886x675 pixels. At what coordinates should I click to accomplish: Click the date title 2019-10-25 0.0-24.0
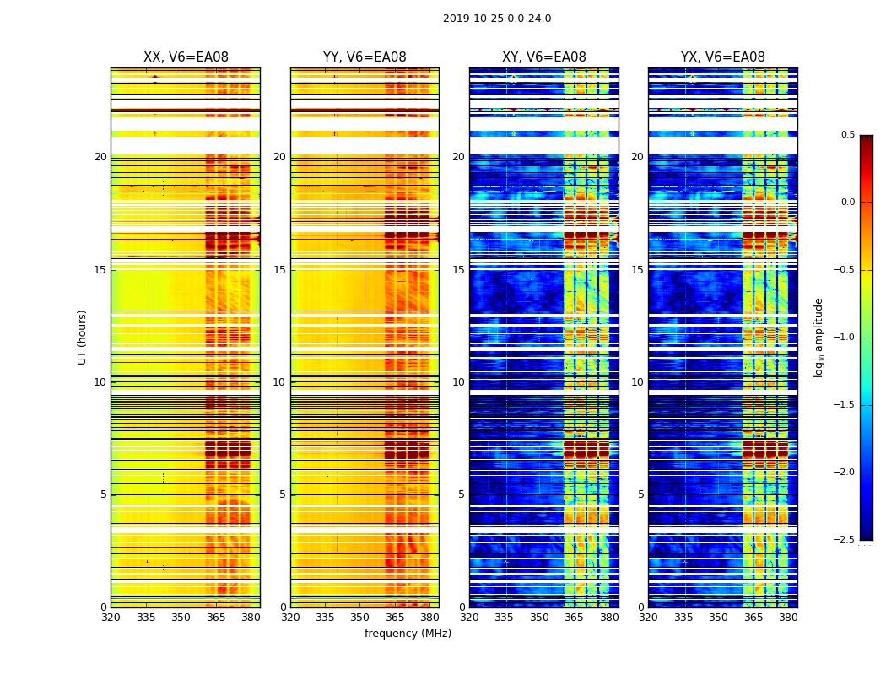[497, 19]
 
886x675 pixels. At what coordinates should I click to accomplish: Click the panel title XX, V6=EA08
[186, 57]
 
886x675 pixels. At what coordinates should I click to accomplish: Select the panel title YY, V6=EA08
[365, 57]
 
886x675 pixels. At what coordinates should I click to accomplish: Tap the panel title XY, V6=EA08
[544, 57]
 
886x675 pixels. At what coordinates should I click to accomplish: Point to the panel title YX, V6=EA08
[723, 57]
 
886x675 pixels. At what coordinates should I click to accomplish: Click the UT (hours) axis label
[82, 337]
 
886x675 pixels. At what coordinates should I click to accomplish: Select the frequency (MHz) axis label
[408, 634]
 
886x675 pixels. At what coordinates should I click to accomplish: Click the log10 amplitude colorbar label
[818, 337]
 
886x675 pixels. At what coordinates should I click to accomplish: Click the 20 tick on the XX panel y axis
[100, 157]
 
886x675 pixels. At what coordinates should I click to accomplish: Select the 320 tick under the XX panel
[111, 618]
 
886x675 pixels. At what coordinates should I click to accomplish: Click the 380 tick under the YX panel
[788, 618]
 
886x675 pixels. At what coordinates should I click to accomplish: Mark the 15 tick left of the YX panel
[638, 270]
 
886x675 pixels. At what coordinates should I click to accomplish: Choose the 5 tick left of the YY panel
[283, 494]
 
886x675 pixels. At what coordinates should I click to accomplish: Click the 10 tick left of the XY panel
[458, 382]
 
